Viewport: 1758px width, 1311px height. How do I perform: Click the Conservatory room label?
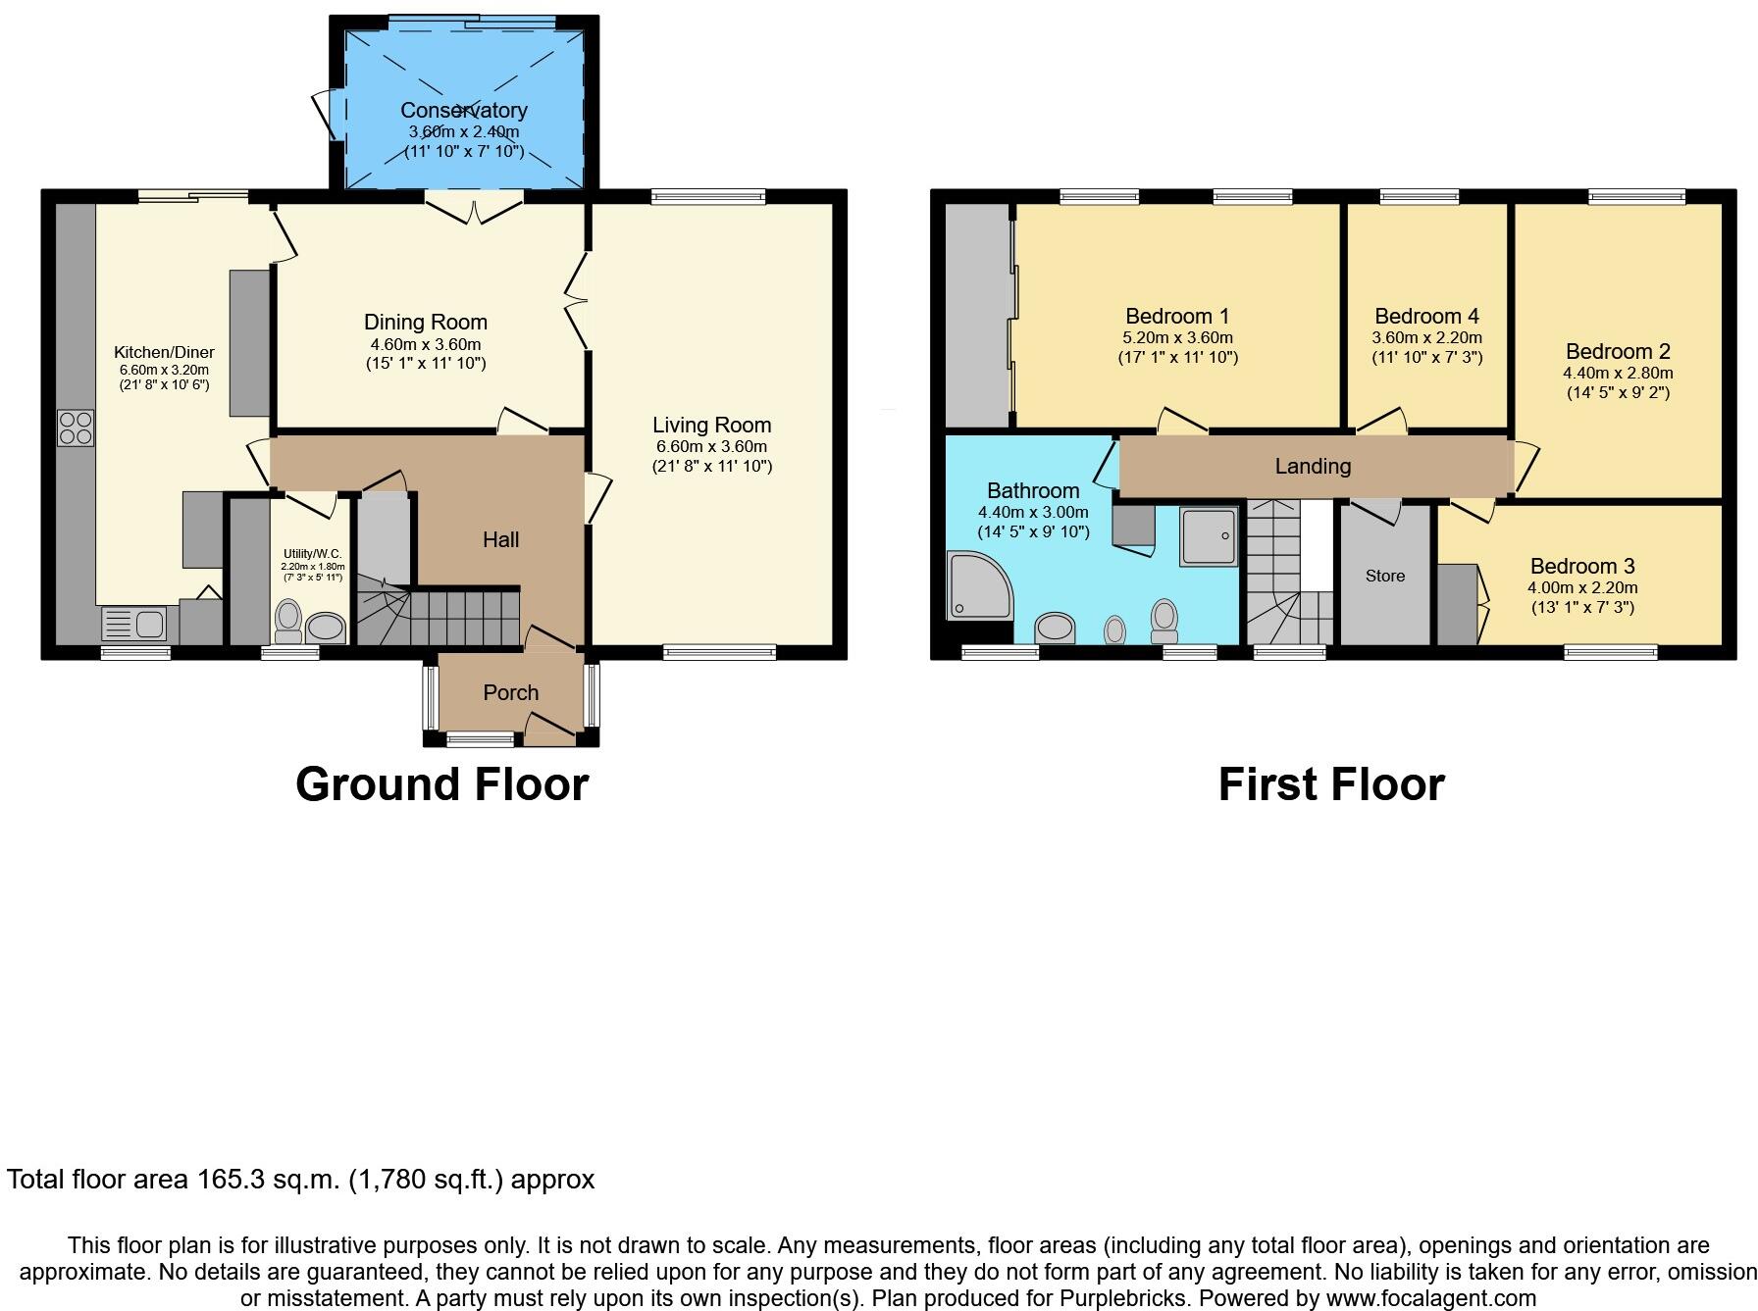pyautogui.click(x=463, y=110)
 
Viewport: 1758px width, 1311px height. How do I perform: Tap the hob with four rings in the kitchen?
pyautogui.click(x=76, y=428)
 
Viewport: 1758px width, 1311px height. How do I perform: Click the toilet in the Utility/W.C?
pyautogui.click(x=288, y=618)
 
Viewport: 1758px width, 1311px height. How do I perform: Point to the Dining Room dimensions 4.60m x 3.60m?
pyautogui.click(x=425, y=344)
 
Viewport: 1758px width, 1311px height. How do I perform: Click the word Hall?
pyautogui.click(x=500, y=539)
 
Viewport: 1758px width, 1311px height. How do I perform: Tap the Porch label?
pyautogui.click(x=510, y=692)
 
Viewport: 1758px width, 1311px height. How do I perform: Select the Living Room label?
pyautogui.click(x=711, y=425)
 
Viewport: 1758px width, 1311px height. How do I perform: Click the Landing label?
pyautogui.click(x=1313, y=466)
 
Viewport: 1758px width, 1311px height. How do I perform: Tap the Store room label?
pyautogui.click(x=1384, y=576)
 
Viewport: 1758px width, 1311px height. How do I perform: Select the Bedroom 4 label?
pyautogui.click(x=1426, y=316)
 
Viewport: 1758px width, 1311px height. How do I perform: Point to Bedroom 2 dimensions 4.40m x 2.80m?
pyautogui.click(x=1617, y=373)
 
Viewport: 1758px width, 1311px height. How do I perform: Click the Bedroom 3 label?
pyautogui.click(x=1581, y=566)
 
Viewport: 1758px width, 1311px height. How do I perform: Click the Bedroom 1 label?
pyautogui.click(x=1176, y=316)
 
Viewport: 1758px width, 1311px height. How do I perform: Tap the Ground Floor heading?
pyautogui.click(x=441, y=784)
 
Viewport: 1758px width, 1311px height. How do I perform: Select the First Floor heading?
pyautogui.click(x=1330, y=784)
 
